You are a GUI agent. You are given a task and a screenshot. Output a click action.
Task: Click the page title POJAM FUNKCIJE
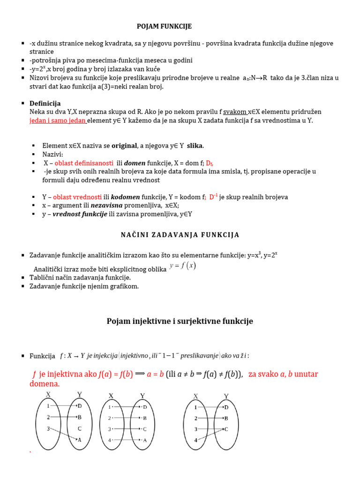(x=164, y=27)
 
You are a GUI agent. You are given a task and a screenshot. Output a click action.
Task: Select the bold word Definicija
(x=45, y=103)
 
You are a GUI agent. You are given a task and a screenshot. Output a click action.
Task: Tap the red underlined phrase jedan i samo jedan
(x=57, y=120)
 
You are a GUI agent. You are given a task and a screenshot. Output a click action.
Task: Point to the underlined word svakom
(x=235, y=112)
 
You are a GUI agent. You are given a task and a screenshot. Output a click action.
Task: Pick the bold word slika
(x=195, y=146)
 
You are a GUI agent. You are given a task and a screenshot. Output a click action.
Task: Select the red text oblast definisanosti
(x=84, y=163)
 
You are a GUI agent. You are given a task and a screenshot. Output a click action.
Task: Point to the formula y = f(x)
(x=183, y=266)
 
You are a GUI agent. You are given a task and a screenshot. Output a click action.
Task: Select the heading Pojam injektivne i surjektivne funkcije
(x=180, y=321)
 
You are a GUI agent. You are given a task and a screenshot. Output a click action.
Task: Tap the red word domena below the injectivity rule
(x=44, y=384)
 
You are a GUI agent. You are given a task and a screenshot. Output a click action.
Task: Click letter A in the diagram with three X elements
(x=79, y=439)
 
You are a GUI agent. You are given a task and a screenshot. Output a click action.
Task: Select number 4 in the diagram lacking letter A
(x=196, y=440)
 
